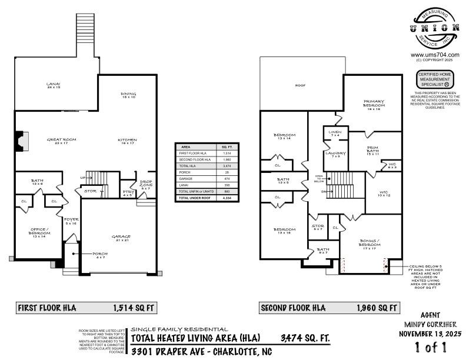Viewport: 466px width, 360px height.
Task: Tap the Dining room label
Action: [128, 94]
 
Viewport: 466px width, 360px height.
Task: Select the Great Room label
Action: [62, 139]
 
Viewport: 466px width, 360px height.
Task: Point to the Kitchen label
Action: [128, 140]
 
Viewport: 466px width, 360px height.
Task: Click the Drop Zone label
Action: [146, 184]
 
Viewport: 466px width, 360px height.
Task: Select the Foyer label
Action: [71, 220]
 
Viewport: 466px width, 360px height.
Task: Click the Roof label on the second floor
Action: [301, 86]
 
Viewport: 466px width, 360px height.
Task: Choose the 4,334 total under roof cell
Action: [227, 199]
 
